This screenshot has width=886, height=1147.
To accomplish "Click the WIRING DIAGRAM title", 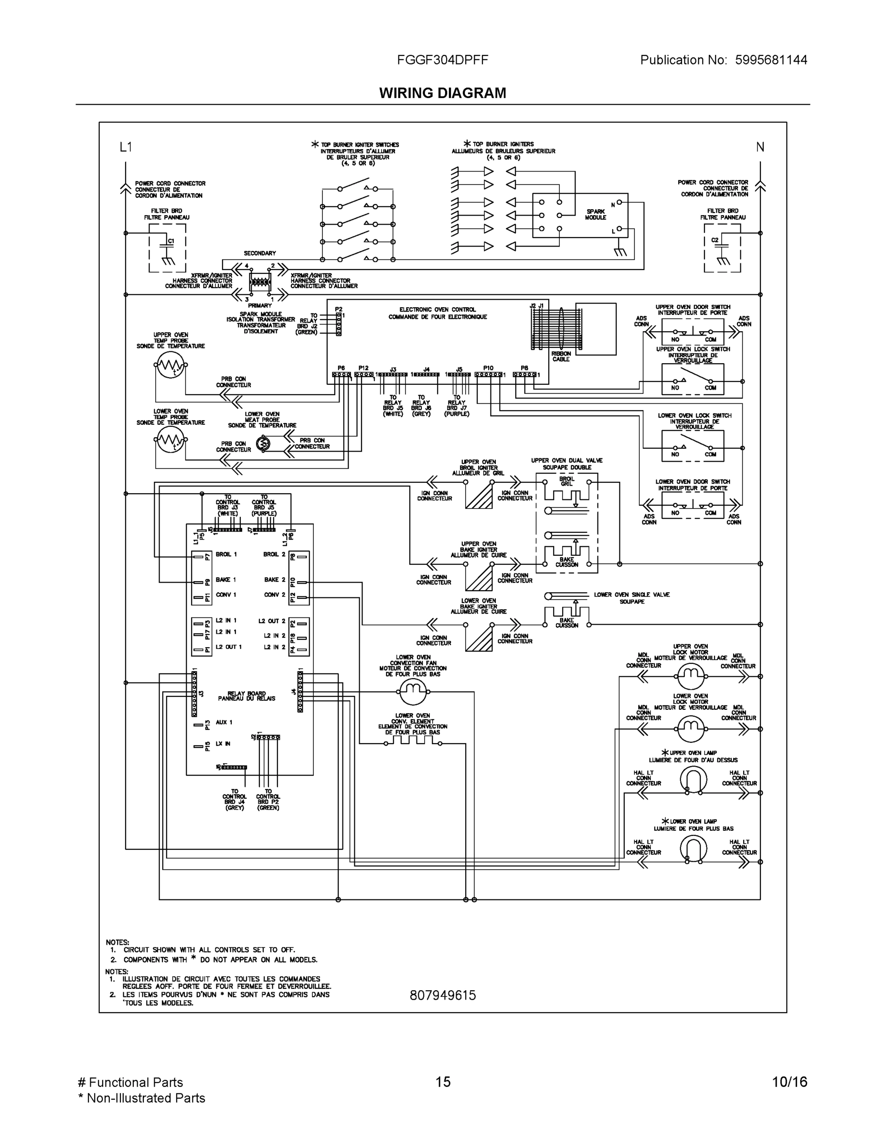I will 442,93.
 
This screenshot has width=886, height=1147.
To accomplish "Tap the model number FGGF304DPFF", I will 442,60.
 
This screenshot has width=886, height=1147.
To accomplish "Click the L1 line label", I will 126,147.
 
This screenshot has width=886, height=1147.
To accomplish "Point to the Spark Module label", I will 595,214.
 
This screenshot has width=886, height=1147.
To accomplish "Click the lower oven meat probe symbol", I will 264,444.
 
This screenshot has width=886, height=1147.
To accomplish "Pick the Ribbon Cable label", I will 561,356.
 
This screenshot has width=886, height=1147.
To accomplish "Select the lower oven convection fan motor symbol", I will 413,692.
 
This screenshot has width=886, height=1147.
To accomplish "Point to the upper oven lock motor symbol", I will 690,676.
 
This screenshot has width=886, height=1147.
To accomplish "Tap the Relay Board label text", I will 246,696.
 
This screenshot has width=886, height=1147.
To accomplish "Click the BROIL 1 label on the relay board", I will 226,554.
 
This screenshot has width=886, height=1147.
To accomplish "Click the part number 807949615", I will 442,995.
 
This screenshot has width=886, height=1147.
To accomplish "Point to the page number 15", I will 442,1082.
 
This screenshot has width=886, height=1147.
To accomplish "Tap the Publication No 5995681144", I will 723,60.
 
